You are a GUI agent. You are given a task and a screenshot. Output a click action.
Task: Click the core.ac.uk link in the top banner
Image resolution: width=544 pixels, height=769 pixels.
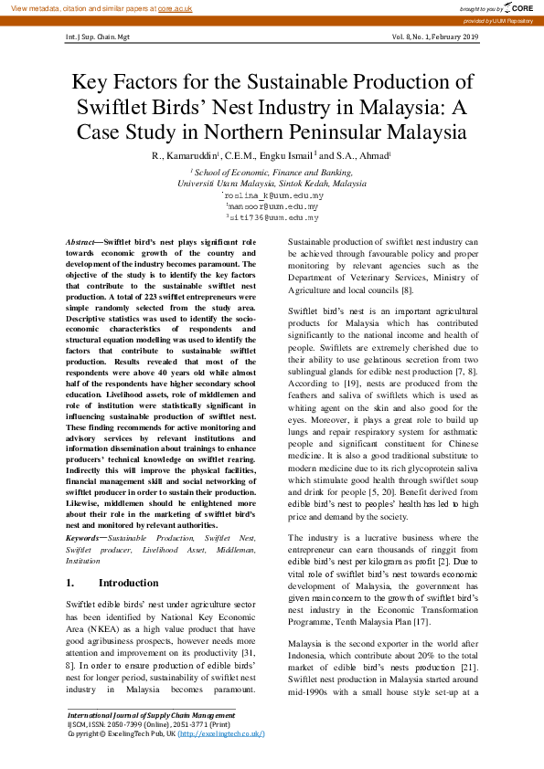[x=176, y=7]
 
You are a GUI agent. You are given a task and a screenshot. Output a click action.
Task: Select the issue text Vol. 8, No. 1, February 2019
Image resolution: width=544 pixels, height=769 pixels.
[x=435, y=37]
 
